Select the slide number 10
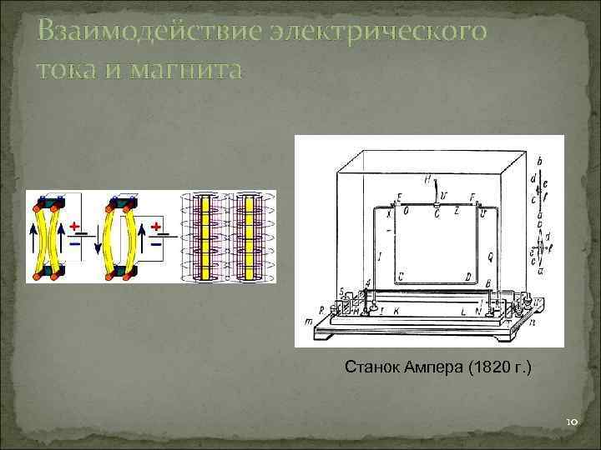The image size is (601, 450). pyautogui.click(x=572, y=422)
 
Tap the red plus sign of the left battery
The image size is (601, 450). pyautogui.click(x=74, y=227)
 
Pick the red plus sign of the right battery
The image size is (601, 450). pyautogui.click(x=154, y=227)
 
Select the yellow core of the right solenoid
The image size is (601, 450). pyautogui.click(x=248, y=237)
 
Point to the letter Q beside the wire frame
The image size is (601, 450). pyautogui.click(x=490, y=256)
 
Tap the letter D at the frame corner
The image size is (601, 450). pyautogui.click(x=468, y=276)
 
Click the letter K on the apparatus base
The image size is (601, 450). pyautogui.click(x=396, y=310)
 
